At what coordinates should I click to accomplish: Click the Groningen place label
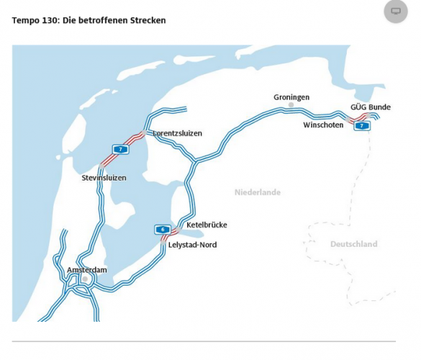pos(291,97)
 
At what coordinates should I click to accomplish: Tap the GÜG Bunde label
pos(371,107)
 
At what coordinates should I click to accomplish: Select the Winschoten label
pos(323,125)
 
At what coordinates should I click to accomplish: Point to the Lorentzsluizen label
pos(177,133)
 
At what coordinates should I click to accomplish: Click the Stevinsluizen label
pos(104,177)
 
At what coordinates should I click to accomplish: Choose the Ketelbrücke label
pos(207,225)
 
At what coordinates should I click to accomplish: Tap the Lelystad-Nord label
pos(192,245)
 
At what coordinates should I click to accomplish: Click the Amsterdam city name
pos(86,270)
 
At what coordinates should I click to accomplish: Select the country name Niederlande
pos(258,192)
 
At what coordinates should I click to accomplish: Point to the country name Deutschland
pos(353,244)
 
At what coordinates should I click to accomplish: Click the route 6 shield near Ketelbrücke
pos(163,230)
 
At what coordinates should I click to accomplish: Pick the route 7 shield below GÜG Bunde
pos(363,125)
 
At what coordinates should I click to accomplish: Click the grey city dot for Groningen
pos(291,106)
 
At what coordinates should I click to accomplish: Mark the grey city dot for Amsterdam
pos(85,279)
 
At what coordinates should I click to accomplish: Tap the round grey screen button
pos(395,11)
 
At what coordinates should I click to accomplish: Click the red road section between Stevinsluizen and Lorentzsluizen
pos(130,140)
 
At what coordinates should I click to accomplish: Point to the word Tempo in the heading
pos(25,20)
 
